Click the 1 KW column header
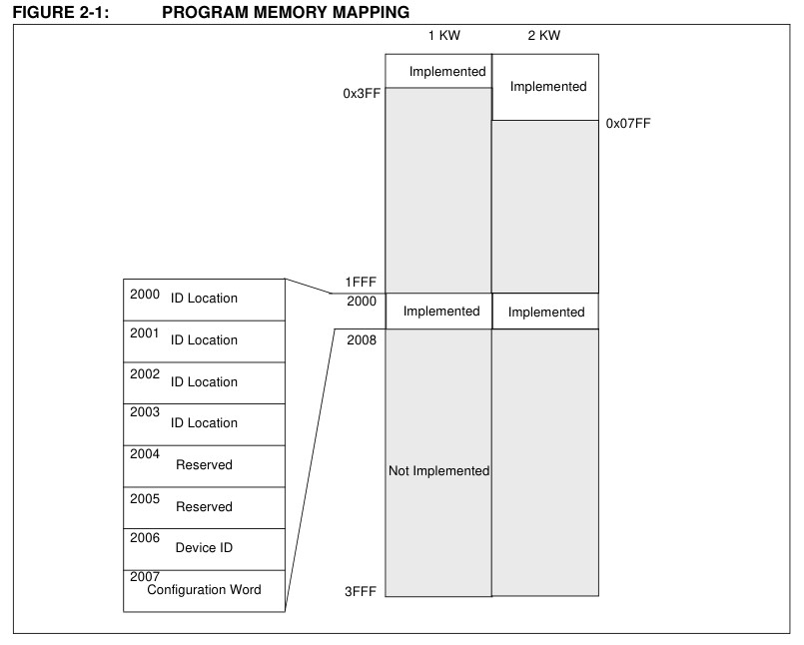444,35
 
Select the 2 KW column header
544,35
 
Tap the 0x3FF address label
362,93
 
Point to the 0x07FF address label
628,123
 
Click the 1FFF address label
361,282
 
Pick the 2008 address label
362,339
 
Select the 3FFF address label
361,592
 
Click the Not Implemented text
438,470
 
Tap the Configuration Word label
204,590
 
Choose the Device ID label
204,547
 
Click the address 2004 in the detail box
145,453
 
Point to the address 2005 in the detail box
145,499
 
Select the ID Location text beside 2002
204,382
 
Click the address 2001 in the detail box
145,333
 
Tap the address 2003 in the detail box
145,411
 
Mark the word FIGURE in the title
45,12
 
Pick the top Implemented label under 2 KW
548,87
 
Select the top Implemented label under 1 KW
447,71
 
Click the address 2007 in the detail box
145,577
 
